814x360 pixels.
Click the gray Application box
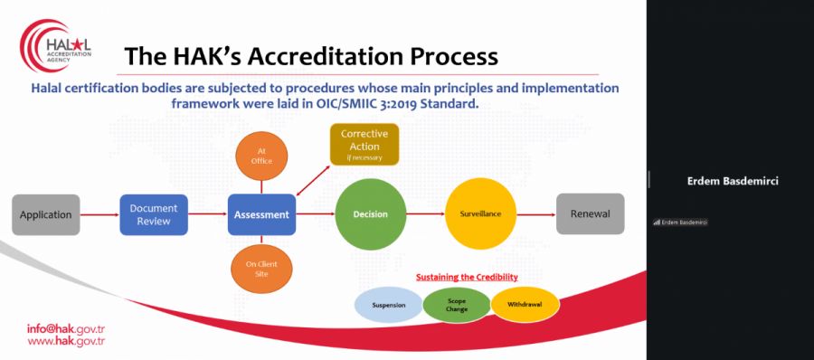click(46, 214)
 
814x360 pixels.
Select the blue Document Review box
click(154, 214)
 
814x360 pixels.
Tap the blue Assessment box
click(261, 214)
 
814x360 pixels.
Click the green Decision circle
click(371, 214)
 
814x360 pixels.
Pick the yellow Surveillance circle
click(481, 213)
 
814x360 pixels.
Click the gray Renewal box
click(591, 214)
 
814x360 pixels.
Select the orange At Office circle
click(261, 156)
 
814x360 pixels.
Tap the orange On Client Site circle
click(261, 269)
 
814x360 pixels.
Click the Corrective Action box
click(364, 145)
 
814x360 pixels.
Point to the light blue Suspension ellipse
click(389, 305)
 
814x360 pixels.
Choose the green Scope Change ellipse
click(457, 305)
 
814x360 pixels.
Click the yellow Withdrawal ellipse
click(525, 305)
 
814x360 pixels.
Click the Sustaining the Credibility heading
click(467, 277)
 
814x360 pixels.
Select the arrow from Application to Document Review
click(99, 214)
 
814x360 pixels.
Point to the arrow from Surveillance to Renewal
click(536, 214)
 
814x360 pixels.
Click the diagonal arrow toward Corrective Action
click(313, 181)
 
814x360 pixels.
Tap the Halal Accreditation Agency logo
click(55, 47)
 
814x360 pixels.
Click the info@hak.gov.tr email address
click(66, 329)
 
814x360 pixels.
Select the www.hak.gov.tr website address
click(66, 341)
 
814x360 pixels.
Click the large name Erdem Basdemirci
click(733, 181)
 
